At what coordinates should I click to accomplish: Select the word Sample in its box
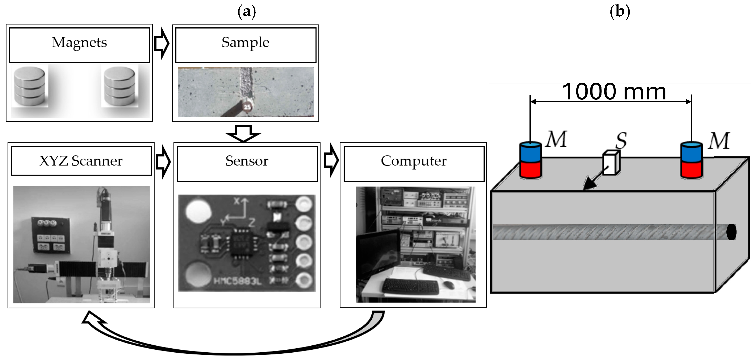tap(245, 43)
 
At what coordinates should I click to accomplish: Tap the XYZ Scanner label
tap(81, 161)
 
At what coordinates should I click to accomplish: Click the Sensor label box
tap(247, 164)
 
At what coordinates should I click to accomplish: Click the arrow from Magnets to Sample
tap(162, 44)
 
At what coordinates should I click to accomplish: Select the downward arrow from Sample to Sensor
tap(243, 133)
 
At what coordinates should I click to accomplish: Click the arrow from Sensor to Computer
tap(331, 160)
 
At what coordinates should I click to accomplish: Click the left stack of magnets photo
tap(30, 86)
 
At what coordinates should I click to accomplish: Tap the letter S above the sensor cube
tap(621, 141)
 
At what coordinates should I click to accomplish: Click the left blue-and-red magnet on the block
tap(530, 160)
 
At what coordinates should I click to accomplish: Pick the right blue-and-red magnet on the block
tap(691, 160)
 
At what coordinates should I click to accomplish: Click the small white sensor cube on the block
tap(611, 163)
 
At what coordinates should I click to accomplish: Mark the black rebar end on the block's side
tap(731, 232)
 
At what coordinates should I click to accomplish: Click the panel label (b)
tap(620, 12)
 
